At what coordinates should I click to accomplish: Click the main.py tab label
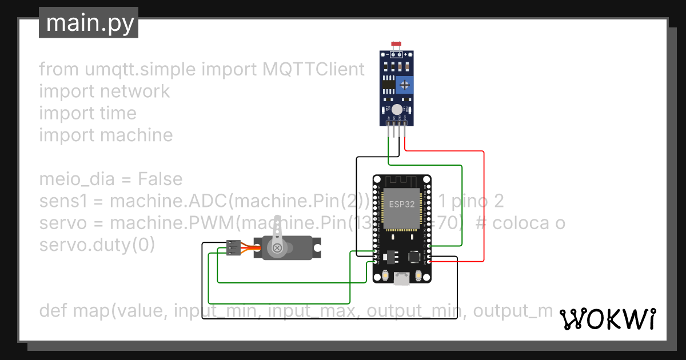(89, 23)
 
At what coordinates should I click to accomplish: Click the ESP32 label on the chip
(402, 204)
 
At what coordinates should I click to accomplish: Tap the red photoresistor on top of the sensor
(394, 44)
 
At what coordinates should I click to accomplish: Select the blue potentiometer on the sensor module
(405, 85)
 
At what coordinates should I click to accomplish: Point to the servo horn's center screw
(277, 247)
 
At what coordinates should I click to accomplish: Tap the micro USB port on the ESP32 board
(402, 279)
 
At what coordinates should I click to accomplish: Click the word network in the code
(135, 91)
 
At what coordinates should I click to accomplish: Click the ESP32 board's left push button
(384, 276)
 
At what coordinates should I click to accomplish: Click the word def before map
(54, 311)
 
